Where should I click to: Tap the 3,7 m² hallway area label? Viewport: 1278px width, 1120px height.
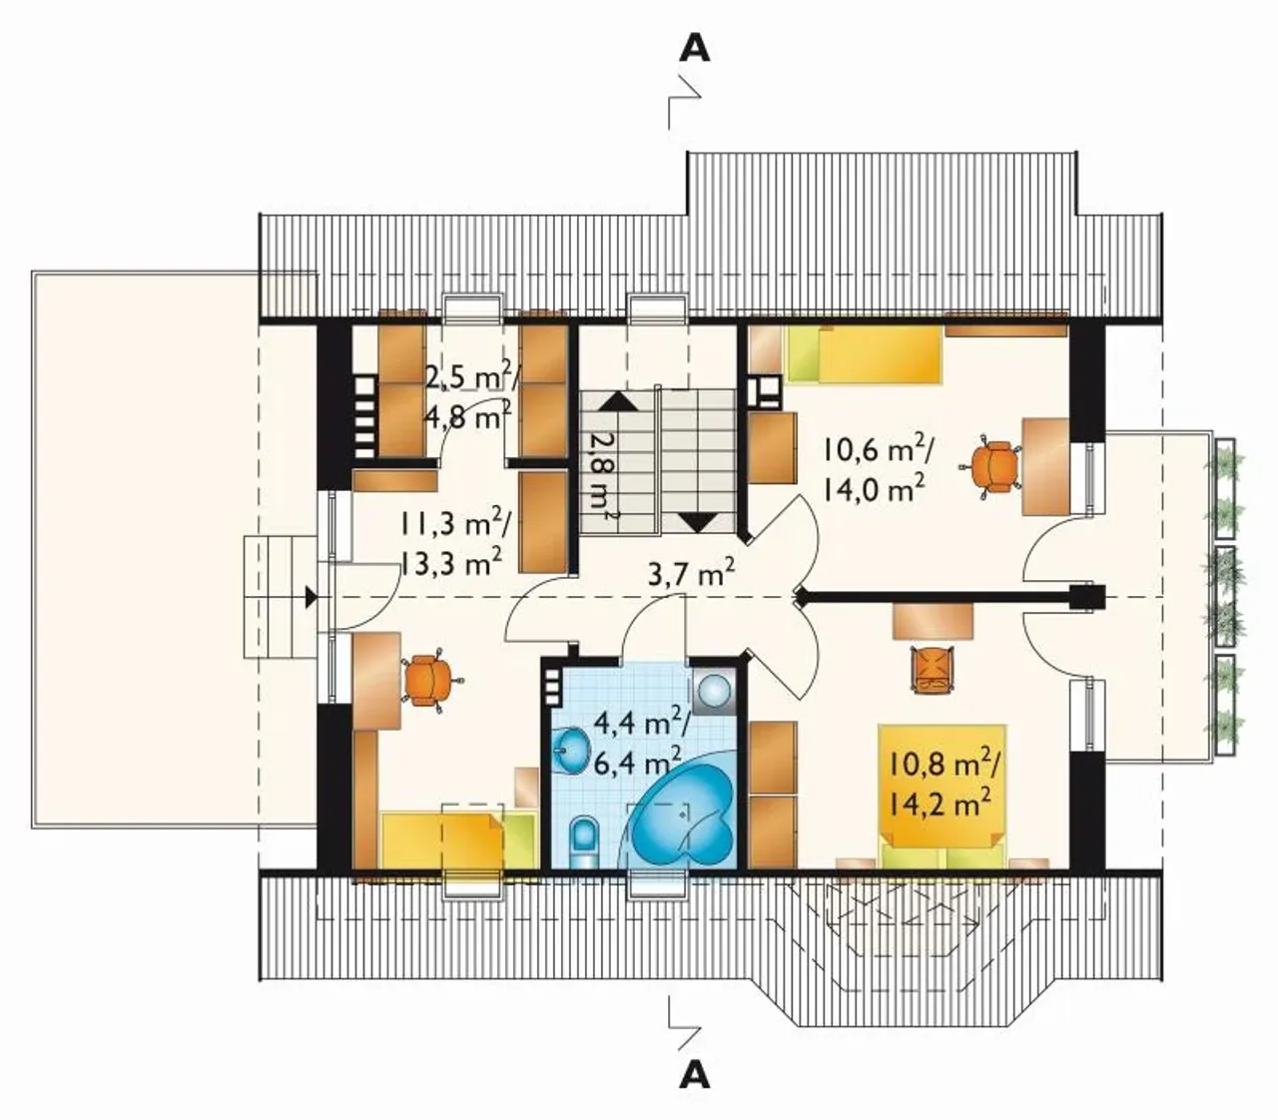[691, 574]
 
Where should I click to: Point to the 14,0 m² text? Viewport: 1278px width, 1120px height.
[874, 487]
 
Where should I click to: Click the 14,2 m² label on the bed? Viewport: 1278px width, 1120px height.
[938, 804]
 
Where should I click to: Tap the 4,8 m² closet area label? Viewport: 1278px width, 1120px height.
[467, 415]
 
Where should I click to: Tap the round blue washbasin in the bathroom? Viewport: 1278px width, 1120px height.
[571, 750]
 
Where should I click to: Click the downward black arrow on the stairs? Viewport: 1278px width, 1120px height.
[697, 523]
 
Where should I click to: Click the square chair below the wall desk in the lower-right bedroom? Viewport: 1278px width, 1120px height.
[933, 669]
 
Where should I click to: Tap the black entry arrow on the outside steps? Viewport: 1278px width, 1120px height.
[311, 597]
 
